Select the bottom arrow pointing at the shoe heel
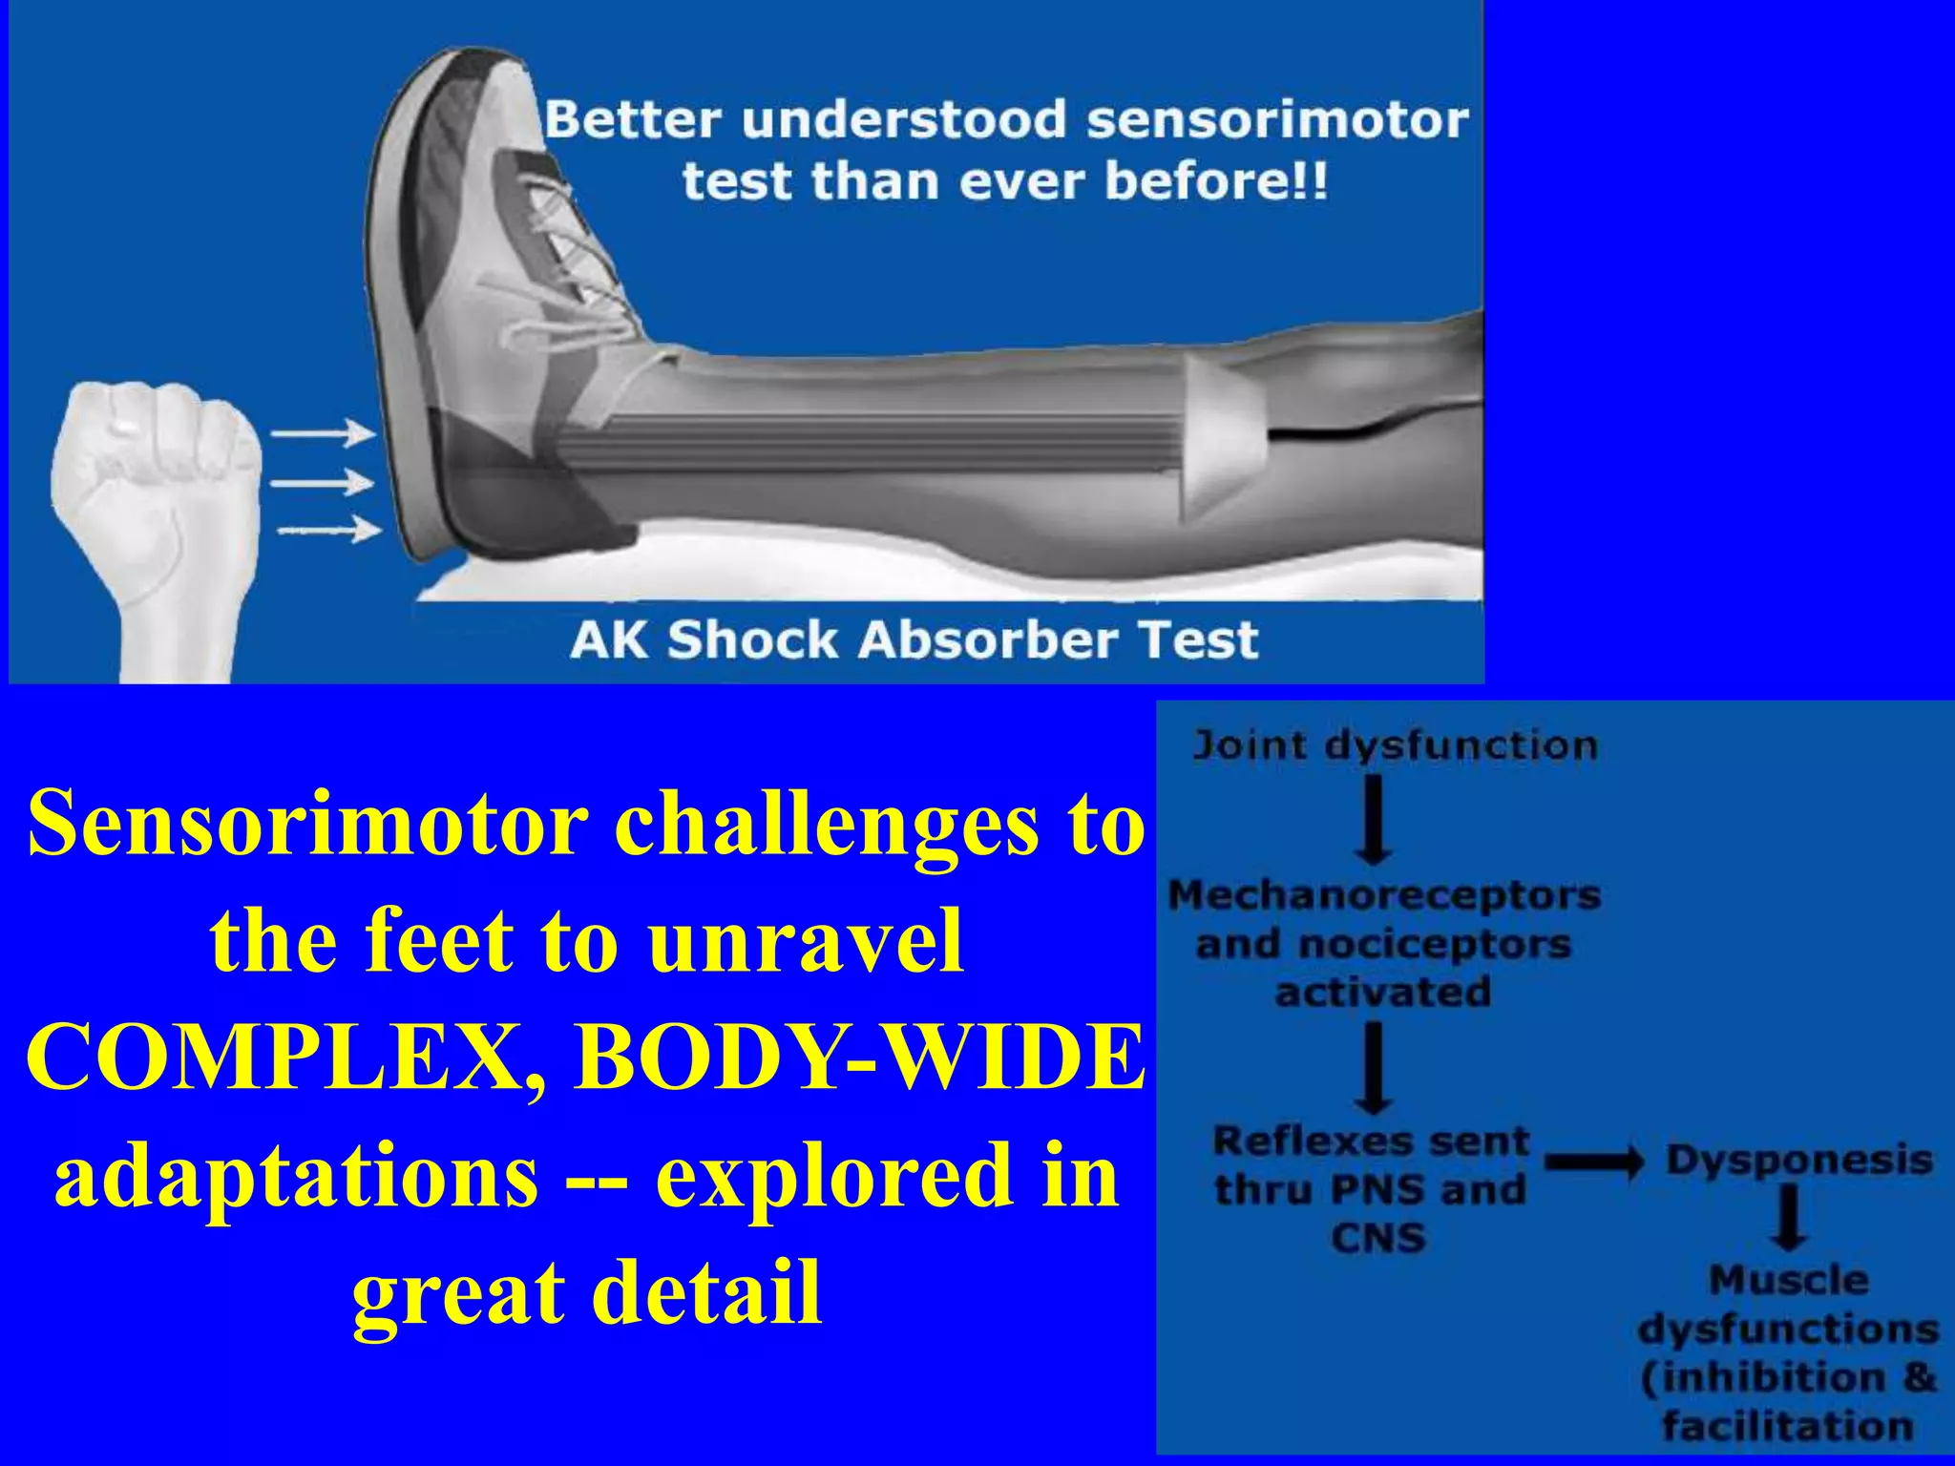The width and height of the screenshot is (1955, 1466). [329, 529]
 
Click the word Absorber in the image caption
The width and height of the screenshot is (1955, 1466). [983, 639]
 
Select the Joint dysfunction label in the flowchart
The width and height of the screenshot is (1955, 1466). [1395, 745]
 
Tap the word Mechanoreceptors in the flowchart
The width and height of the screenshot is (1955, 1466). [1384, 895]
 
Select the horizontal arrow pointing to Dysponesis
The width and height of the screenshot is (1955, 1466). [1593, 1162]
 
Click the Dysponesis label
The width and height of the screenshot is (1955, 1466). [1798, 1161]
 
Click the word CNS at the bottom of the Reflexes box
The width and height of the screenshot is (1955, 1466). [1377, 1238]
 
